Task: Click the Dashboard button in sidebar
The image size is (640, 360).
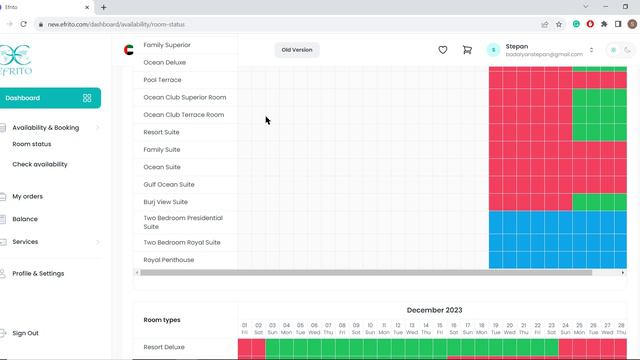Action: (x=40, y=98)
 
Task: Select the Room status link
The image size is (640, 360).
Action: (x=32, y=144)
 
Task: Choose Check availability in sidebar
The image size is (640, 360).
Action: (x=40, y=164)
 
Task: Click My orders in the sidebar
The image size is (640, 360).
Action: (x=27, y=197)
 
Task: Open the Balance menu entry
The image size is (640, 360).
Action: (x=25, y=219)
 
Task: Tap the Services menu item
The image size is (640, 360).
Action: (x=25, y=242)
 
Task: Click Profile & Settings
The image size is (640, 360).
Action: (x=38, y=273)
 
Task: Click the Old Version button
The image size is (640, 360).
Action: (x=297, y=50)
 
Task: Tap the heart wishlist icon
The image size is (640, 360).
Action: (x=443, y=50)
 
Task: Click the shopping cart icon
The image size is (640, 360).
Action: (x=467, y=50)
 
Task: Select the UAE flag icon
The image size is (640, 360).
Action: (x=128, y=50)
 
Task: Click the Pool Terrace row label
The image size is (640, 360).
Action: (x=163, y=80)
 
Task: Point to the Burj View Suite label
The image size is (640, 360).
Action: (x=166, y=202)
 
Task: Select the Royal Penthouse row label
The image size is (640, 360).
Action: (x=168, y=260)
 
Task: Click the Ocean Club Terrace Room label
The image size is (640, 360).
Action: (x=184, y=115)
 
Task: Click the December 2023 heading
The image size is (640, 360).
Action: (x=434, y=310)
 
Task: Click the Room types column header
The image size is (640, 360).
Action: (x=162, y=320)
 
